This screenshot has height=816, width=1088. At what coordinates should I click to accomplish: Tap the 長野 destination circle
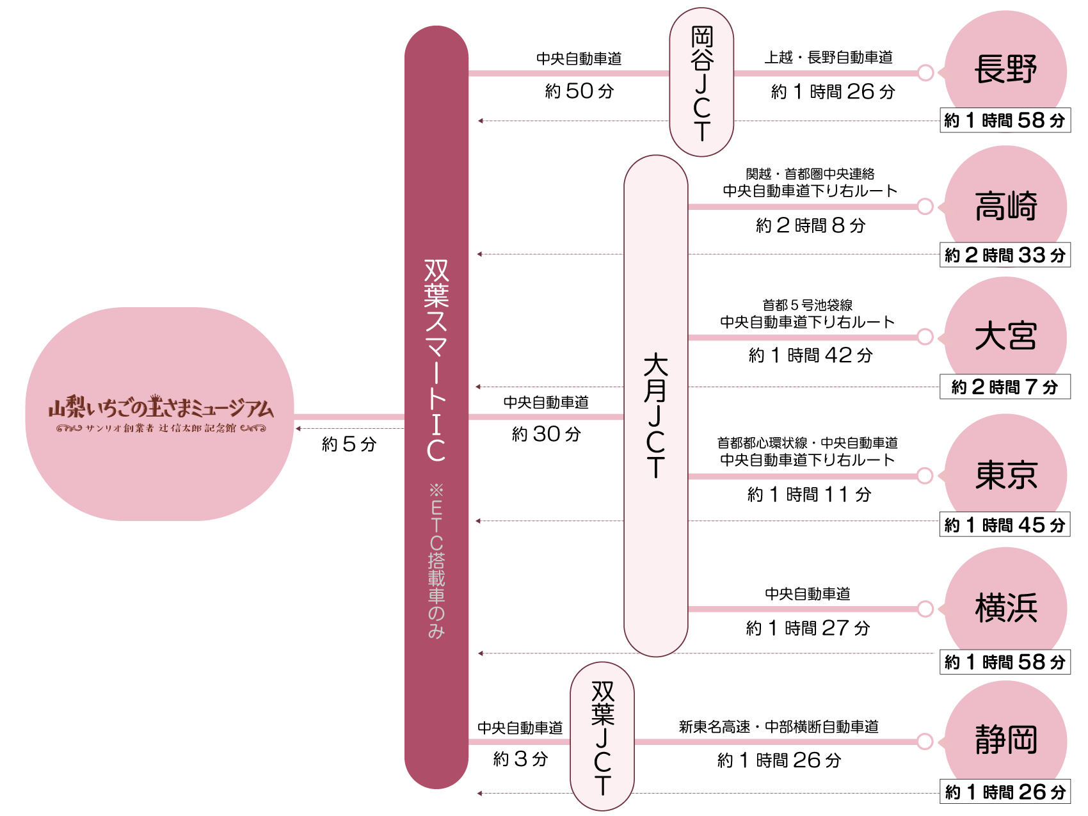tap(1005, 69)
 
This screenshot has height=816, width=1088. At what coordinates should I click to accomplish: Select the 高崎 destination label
tap(1005, 206)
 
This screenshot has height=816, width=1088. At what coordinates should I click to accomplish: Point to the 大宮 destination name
tap(1005, 337)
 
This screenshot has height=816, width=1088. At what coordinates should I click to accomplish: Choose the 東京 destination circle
tap(1005, 475)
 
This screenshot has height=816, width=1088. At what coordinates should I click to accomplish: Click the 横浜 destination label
tap(1005, 608)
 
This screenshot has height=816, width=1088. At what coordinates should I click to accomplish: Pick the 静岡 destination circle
tap(1005, 740)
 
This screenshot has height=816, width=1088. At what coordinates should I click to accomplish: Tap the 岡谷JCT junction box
tap(701, 82)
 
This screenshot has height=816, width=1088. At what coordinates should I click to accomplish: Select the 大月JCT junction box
tap(655, 406)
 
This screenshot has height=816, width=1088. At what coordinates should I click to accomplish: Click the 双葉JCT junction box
tap(602, 737)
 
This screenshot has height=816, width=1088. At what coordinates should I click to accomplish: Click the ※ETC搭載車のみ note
tap(436, 561)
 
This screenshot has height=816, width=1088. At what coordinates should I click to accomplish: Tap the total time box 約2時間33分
tap(1005, 255)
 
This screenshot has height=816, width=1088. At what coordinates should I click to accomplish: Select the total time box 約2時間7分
tap(1005, 387)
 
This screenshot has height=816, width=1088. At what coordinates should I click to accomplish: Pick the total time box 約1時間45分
tap(1005, 525)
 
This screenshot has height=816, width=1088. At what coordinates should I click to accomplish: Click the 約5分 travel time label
tap(349, 444)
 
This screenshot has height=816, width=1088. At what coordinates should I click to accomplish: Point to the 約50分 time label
tap(579, 91)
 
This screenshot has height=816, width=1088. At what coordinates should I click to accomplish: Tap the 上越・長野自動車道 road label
tap(828, 58)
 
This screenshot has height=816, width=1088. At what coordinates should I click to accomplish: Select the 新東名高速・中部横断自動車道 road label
tap(778, 727)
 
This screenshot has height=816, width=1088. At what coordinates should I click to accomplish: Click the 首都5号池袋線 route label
tap(807, 305)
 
